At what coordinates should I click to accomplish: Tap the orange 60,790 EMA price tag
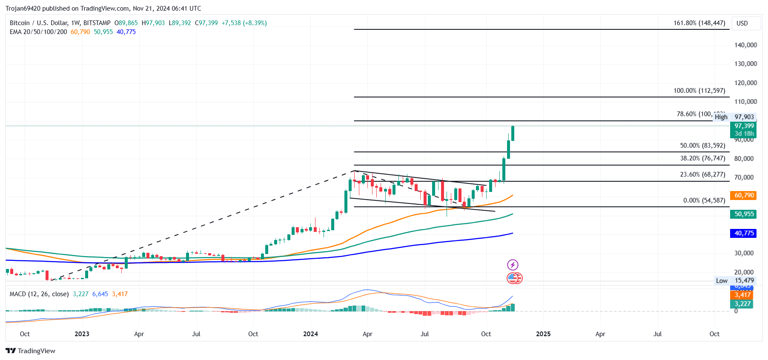click(x=744, y=195)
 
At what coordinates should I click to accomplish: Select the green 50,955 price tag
click(x=744, y=214)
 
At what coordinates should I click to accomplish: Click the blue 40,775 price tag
click(x=744, y=233)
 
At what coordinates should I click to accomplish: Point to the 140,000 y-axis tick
click(x=745, y=45)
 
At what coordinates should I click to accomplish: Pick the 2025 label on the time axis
click(x=543, y=334)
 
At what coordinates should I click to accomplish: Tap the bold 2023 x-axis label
click(x=82, y=334)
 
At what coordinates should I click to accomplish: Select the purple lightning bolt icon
click(x=513, y=265)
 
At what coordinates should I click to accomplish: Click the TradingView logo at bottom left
click(x=31, y=351)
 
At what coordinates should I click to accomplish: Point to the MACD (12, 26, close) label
click(x=39, y=294)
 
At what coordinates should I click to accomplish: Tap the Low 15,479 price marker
click(x=735, y=281)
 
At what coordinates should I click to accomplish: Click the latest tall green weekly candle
click(x=513, y=133)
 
